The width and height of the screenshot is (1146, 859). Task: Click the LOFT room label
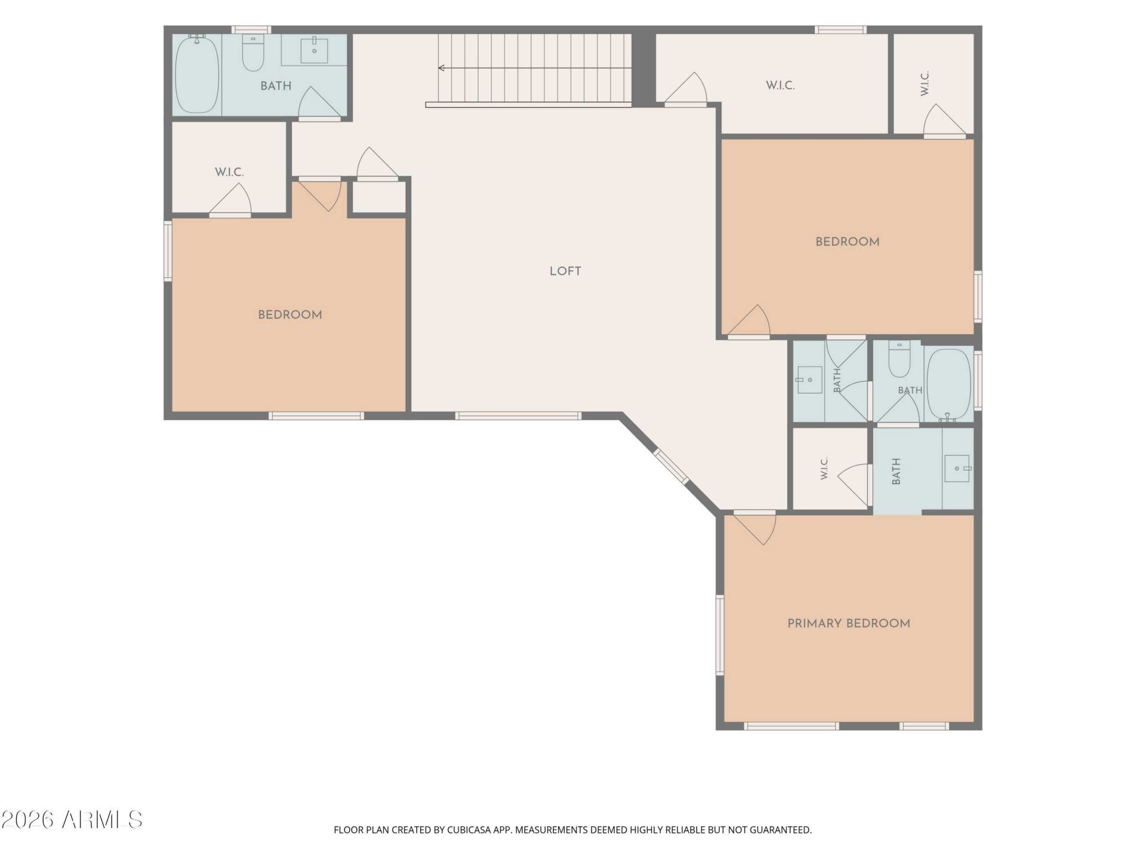click(x=565, y=271)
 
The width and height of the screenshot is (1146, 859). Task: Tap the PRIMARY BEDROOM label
click(x=849, y=623)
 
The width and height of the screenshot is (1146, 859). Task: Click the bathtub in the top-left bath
click(x=197, y=74)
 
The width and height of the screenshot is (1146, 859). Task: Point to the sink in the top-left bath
click(x=314, y=50)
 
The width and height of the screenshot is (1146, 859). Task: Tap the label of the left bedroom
click(x=290, y=315)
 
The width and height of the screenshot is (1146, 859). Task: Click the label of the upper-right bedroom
click(x=848, y=242)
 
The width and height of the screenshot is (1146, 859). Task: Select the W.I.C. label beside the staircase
click(x=780, y=85)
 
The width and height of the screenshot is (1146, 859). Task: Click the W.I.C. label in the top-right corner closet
click(x=925, y=83)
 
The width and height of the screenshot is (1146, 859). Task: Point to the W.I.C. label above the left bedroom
click(x=229, y=172)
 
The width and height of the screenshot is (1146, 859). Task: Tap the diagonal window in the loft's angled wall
click(x=671, y=466)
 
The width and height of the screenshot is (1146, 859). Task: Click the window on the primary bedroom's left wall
click(x=720, y=635)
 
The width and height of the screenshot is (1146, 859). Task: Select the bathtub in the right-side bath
click(x=949, y=385)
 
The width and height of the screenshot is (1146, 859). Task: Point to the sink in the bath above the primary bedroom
click(x=958, y=468)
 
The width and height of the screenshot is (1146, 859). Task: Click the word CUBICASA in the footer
click(x=470, y=830)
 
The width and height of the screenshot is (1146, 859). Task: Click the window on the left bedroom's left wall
click(x=168, y=251)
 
